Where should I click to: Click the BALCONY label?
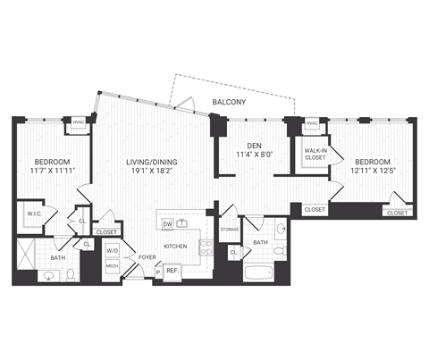(230, 103)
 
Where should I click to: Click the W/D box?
(113, 252)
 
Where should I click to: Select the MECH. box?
(113, 266)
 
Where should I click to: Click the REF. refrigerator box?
(173, 270)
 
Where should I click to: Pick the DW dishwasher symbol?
(166, 223)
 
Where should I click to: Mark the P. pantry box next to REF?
(158, 270)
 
